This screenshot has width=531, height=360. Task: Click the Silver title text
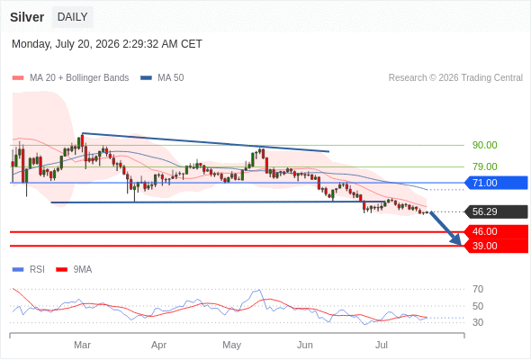(27, 17)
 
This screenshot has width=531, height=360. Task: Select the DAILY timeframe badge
(73, 17)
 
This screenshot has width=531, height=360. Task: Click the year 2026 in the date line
(107, 44)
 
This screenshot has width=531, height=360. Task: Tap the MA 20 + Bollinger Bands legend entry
(70, 78)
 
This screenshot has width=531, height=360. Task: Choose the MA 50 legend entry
(162, 78)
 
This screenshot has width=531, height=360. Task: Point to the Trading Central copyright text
(455, 78)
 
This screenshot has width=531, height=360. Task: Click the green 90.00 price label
(484, 145)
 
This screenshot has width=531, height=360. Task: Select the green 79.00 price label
(484, 166)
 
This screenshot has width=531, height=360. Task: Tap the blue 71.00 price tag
(496, 183)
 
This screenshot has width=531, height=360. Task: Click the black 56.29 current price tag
(496, 212)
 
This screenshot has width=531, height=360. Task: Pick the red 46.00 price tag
(496, 231)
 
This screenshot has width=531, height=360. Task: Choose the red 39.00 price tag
(496, 246)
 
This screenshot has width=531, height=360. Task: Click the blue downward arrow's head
(457, 241)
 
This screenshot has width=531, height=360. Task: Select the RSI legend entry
(29, 270)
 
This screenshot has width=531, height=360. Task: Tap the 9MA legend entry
(74, 270)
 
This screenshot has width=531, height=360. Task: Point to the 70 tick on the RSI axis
(478, 289)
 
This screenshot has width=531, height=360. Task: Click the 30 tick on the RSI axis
(478, 322)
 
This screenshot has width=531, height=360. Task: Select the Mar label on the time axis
(82, 345)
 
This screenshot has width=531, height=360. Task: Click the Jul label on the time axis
(382, 345)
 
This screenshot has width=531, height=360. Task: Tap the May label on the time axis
(231, 345)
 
